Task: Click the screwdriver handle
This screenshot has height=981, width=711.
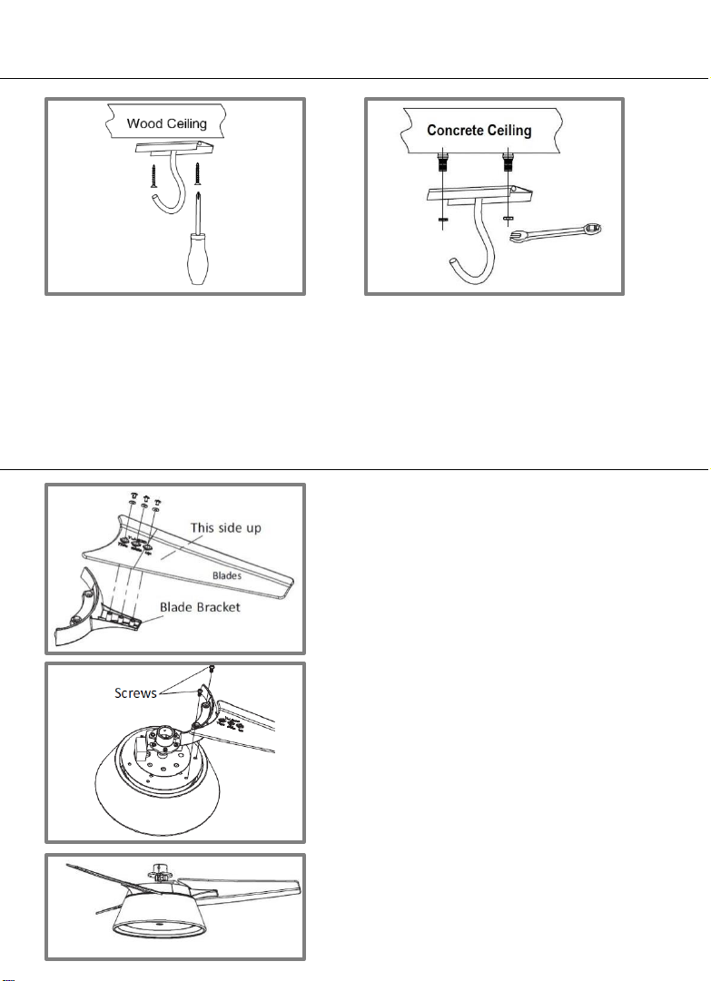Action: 201,263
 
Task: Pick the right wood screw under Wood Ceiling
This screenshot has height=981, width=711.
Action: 197,171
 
